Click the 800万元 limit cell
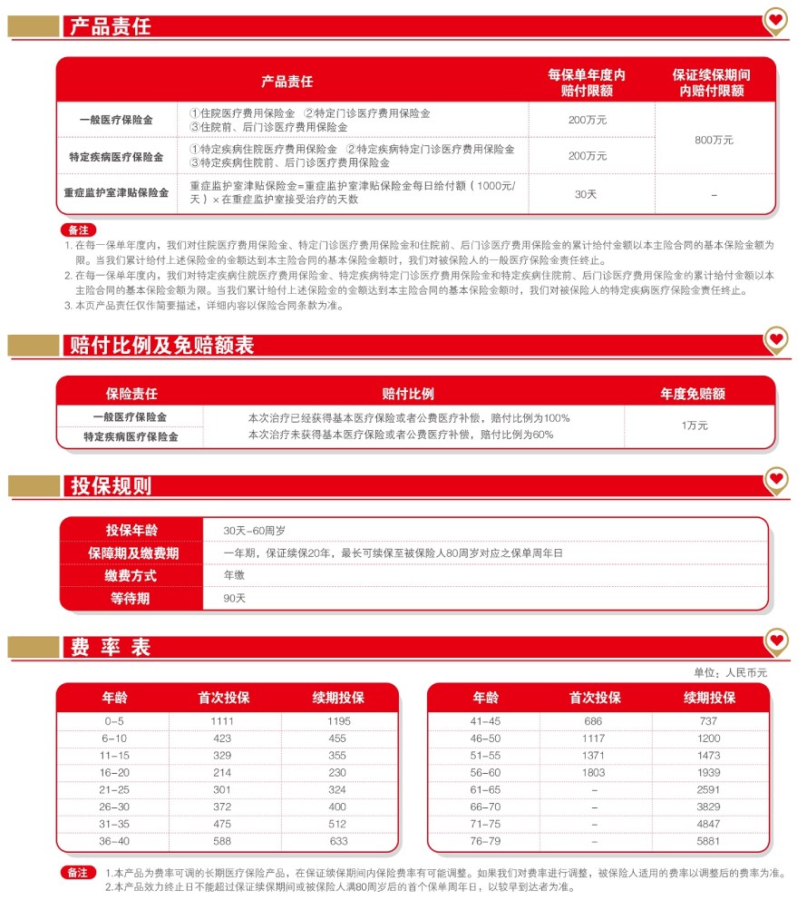point(715,140)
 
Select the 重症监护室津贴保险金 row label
point(116,193)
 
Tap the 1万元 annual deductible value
point(695,425)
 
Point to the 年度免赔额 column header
point(693,394)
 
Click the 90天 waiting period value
point(235,598)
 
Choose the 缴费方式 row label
point(131,575)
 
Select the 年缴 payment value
point(235,575)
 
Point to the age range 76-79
point(485,841)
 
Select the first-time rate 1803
point(594,772)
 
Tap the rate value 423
point(223,737)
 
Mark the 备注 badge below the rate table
point(78,872)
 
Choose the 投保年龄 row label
point(131,531)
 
